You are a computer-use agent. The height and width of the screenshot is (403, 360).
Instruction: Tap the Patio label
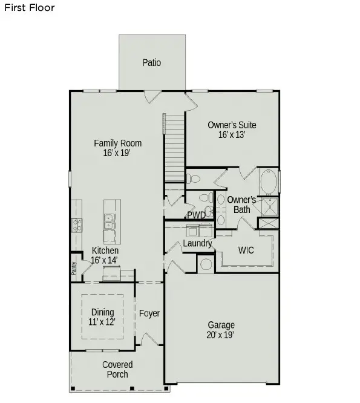tap(152, 62)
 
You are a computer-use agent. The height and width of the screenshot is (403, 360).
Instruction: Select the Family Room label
tap(118, 143)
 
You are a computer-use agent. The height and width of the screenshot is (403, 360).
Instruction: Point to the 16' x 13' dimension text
tap(232, 136)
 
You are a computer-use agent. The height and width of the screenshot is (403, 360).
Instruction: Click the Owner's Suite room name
tap(232, 125)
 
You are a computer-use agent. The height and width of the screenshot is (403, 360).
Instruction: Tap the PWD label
tap(195, 215)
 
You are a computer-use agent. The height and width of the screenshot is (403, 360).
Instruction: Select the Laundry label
tap(198, 244)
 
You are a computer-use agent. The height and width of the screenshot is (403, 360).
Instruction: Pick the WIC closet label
tap(246, 249)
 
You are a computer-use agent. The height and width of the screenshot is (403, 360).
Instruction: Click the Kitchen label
tap(105, 251)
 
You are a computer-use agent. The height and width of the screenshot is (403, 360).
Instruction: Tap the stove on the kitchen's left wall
tap(77, 226)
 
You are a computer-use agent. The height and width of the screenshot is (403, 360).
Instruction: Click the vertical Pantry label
tap(74, 267)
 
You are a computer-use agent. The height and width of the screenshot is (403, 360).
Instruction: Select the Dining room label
tap(103, 313)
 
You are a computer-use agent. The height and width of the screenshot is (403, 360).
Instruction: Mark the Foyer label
tap(149, 313)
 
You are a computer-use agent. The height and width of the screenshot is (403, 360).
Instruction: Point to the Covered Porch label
tap(117, 369)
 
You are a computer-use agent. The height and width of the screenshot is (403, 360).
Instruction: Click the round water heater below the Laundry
tap(205, 263)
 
